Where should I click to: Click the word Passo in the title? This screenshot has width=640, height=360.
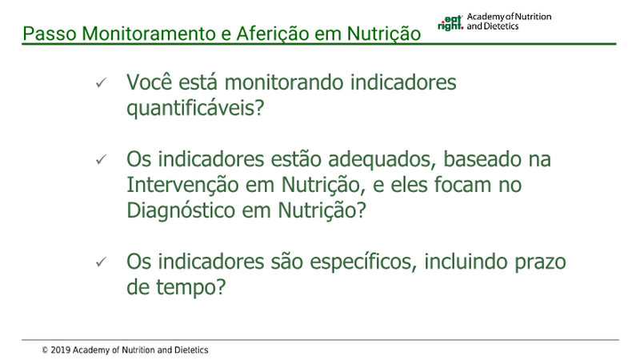tap(50, 34)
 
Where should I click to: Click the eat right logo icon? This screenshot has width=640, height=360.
tap(450, 23)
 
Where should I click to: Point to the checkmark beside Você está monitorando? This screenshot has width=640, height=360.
tap(101, 83)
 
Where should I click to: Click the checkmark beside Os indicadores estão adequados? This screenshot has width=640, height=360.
tap(101, 159)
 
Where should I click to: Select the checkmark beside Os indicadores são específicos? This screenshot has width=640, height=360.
tap(101, 262)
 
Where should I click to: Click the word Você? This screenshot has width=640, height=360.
tap(150, 82)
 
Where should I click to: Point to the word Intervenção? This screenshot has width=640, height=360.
tap(182, 185)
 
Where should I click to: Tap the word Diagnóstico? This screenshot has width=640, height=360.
tap(181, 210)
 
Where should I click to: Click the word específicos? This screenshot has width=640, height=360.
tap(363, 262)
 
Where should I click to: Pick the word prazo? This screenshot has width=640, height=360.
tap(540, 262)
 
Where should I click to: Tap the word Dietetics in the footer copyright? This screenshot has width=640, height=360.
tap(191, 350)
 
